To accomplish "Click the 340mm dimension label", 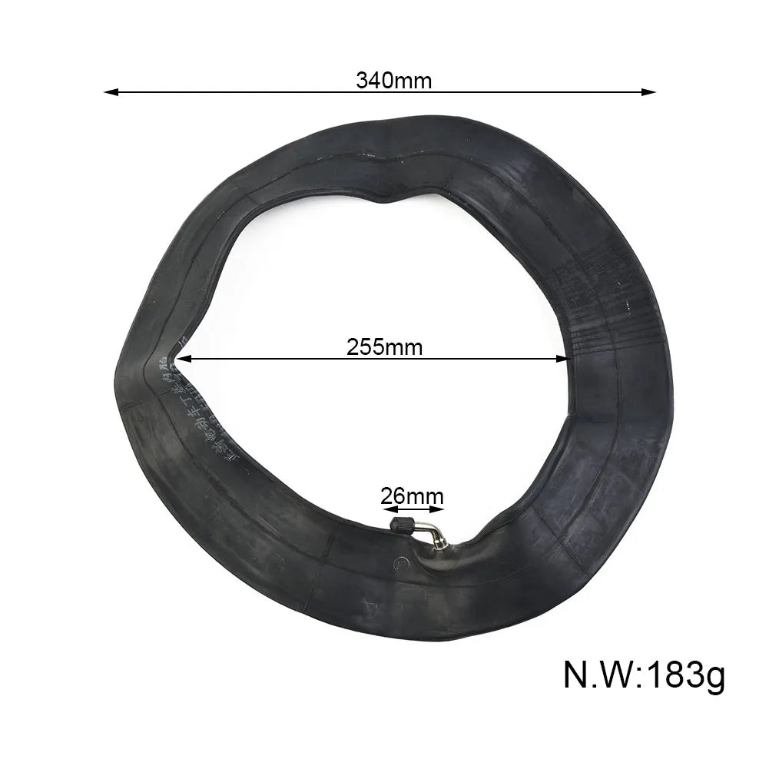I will tap(394, 80).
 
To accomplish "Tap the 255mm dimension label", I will tap(384, 346).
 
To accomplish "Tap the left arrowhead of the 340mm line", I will tap(110, 92).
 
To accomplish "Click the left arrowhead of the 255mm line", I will tap(181, 358).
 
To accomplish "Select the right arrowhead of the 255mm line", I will tap(565, 358).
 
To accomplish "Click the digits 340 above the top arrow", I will tap(374, 80).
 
